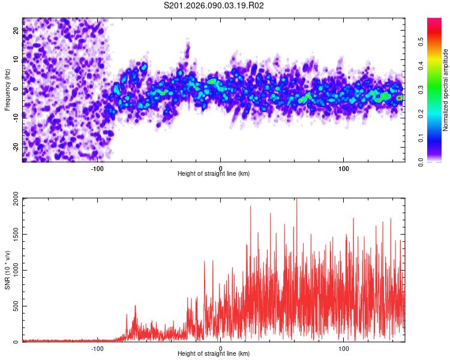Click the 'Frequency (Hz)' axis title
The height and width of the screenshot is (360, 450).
pyautogui.click(x=7, y=89)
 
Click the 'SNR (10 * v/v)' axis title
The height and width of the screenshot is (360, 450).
pyautogui.click(x=7, y=270)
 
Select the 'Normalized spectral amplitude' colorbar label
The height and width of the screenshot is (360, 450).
pyautogui.click(x=446, y=89)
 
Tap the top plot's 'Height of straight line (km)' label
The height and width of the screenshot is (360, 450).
pyautogui.click(x=214, y=174)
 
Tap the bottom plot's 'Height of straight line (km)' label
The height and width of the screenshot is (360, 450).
pyautogui.click(x=214, y=354)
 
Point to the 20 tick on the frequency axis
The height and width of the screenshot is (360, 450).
pyautogui.click(x=16, y=31)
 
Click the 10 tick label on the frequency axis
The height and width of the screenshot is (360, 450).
pyautogui.click(x=16, y=60)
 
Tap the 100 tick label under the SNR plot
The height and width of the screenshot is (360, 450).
pyautogui.click(x=344, y=348)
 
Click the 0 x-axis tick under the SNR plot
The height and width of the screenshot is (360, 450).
pyautogui.click(x=220, y=348)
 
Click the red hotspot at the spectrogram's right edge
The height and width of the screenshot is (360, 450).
pyautogui.click(x=400, y=97)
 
